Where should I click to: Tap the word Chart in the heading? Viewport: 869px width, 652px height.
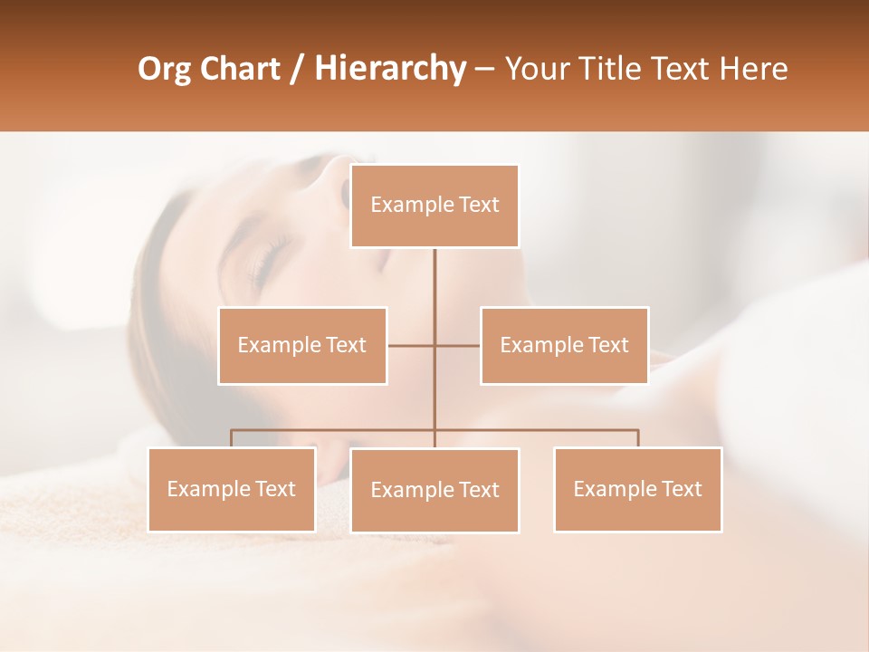click(241, 69)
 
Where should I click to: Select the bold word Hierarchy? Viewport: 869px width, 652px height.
click(390, 69)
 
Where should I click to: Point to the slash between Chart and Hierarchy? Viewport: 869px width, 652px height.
click(297, 69)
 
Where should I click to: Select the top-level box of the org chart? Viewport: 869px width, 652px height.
click(434, 206)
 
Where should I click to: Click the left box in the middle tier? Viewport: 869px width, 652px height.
click(302, 345)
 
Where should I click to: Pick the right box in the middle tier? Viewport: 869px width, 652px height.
click(564, 345)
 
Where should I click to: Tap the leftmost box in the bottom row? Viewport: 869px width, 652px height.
click(232, 489)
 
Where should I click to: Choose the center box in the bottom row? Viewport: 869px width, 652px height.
click(434, 490)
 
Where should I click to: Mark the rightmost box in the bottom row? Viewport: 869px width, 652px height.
click(637, 489)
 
